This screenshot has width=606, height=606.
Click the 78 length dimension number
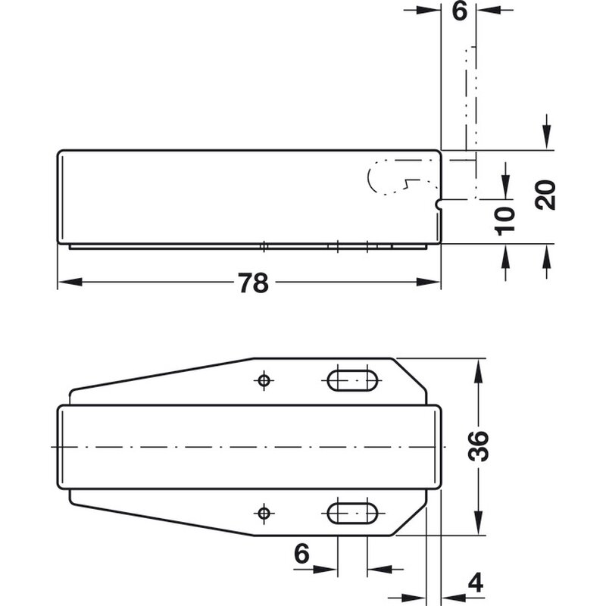[253, 283]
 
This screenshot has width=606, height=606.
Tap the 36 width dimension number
[478, 446]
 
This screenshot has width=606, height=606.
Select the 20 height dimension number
[545, 195]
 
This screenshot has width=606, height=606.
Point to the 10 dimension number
[504, 221]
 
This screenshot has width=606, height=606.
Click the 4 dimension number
[476, 583]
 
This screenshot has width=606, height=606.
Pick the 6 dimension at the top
[460, 11]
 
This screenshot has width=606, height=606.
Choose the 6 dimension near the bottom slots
[301, 553]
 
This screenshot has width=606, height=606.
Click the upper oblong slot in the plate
[352, 380]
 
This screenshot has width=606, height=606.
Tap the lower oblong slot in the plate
[352, 513]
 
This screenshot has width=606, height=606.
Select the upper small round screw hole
[264, 380]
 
